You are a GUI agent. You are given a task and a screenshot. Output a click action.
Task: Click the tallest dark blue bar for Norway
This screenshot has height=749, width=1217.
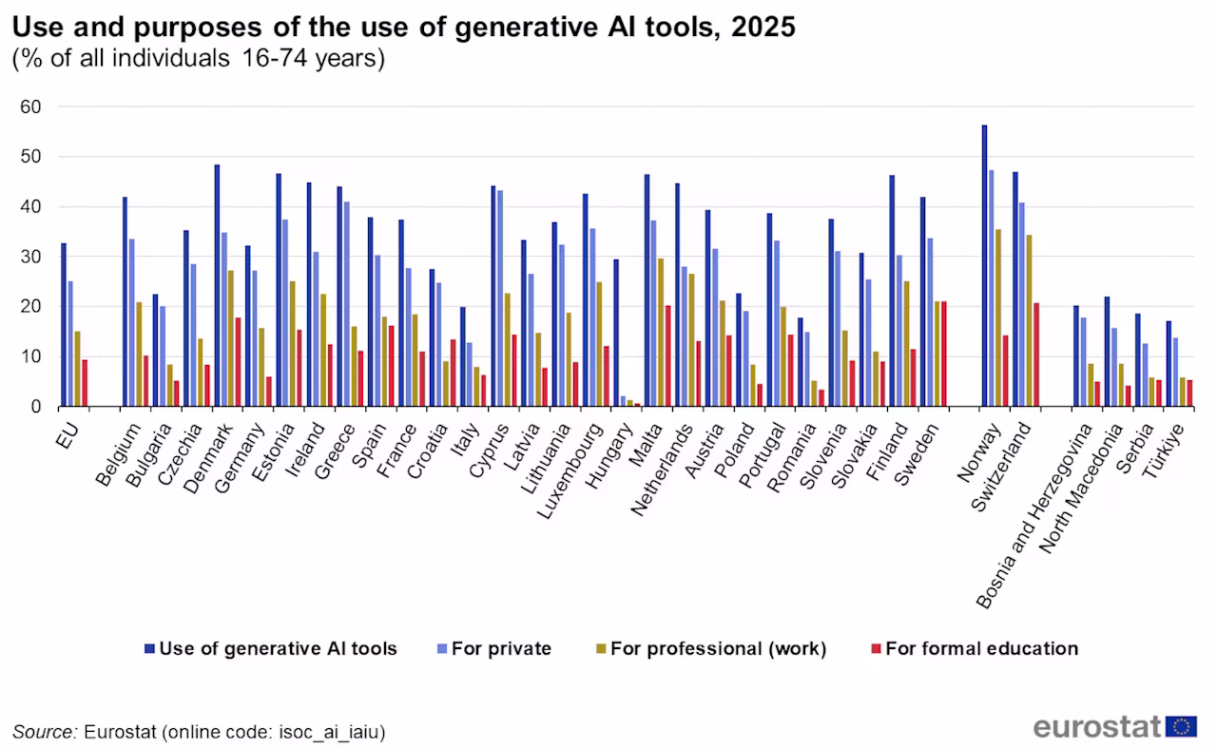984,265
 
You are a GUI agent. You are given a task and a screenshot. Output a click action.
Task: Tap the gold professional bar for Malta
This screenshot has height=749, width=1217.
661,333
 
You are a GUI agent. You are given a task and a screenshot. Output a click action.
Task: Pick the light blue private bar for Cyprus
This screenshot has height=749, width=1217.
500,298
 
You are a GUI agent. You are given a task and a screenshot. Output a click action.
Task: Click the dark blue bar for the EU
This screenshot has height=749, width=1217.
64,325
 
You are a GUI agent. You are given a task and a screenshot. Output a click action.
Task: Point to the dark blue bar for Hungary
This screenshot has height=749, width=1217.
616,333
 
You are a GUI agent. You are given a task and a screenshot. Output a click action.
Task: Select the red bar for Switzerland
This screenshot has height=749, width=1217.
1036,355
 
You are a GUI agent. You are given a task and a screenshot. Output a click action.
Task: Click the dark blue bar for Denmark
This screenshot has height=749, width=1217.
218,286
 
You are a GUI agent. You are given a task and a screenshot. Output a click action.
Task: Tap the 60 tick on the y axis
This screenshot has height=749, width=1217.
30,107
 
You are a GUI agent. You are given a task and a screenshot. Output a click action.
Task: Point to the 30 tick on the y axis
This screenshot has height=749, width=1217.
30,257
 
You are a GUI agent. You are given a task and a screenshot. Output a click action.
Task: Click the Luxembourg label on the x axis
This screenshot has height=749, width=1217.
570,471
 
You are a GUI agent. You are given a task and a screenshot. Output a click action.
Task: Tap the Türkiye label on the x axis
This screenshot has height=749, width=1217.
1163,451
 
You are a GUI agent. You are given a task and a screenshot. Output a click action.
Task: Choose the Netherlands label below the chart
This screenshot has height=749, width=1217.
662,470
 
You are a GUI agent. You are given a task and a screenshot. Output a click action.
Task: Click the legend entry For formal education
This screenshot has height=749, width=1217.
976,648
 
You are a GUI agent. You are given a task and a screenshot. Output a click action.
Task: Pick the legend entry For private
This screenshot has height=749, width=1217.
494,648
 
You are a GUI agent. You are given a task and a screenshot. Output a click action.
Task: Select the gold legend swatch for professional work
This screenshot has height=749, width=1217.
601,648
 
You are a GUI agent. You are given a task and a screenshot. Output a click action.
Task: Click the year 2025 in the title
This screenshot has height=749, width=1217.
763,28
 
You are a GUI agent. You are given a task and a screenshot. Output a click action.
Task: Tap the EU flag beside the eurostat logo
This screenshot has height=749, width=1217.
1181,727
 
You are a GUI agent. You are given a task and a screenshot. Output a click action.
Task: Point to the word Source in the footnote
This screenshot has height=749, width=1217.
45,732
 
